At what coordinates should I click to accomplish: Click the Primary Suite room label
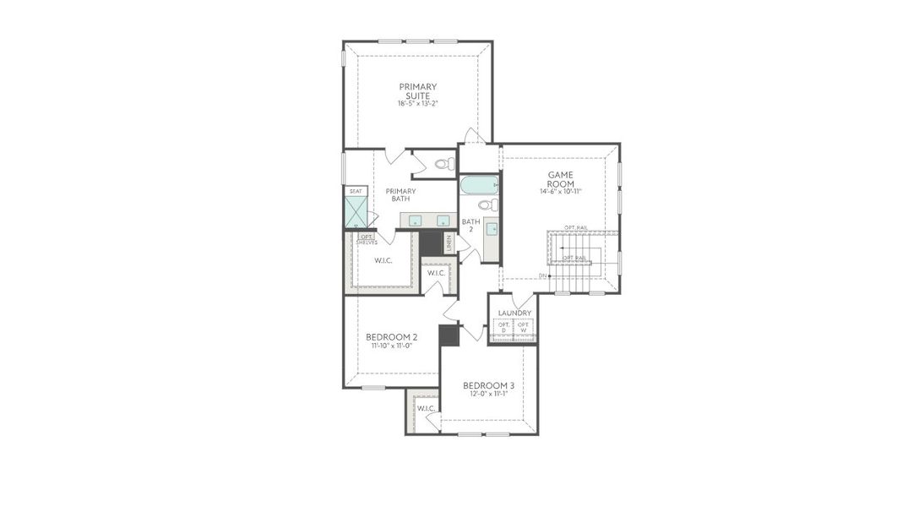(417, 90)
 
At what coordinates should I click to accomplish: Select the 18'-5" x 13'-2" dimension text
(417, 104)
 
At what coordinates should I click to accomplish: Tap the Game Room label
(560, 179)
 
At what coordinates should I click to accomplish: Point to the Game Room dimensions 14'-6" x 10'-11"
(560, 192)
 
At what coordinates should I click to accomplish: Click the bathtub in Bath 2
(479, 184)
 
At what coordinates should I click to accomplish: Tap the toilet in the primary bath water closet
(443, 164)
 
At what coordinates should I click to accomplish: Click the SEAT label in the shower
(356, 191)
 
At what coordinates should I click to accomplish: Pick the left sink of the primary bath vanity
(415, 221)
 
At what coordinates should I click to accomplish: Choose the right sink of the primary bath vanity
(442, 221)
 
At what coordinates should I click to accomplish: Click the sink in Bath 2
(491, 228)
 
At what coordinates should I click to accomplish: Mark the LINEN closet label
(449, 243)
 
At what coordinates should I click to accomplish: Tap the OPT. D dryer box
(503, 327)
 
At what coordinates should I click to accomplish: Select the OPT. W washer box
(524, 327)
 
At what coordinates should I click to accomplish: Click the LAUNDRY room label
(514, 313)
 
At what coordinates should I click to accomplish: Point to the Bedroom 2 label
(391, 336)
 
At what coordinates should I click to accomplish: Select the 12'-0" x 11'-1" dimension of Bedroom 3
(488, 394)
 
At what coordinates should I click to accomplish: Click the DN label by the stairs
(542, 275)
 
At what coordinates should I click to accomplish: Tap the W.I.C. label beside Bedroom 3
(426, 408)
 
